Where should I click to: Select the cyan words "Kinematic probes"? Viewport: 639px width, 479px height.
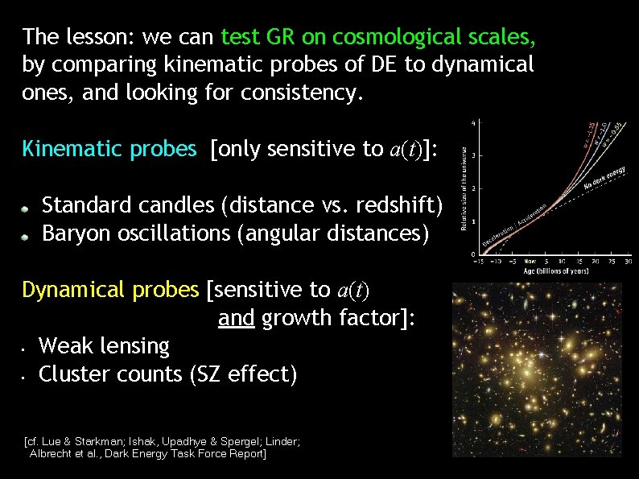click(x=109, y=149)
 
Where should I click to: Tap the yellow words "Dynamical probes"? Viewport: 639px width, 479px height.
click(x=109, y=290)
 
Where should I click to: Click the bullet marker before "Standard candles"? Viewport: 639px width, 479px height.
click(x=26, y=208)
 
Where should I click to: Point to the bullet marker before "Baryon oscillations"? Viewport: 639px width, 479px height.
click(x=26, y=236)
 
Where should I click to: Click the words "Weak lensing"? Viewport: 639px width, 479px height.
click(x=105, y=347)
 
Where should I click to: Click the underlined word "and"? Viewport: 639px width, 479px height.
click(x=236, y=318)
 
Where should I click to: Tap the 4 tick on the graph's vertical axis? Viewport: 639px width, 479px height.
click(x=472, y=123)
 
